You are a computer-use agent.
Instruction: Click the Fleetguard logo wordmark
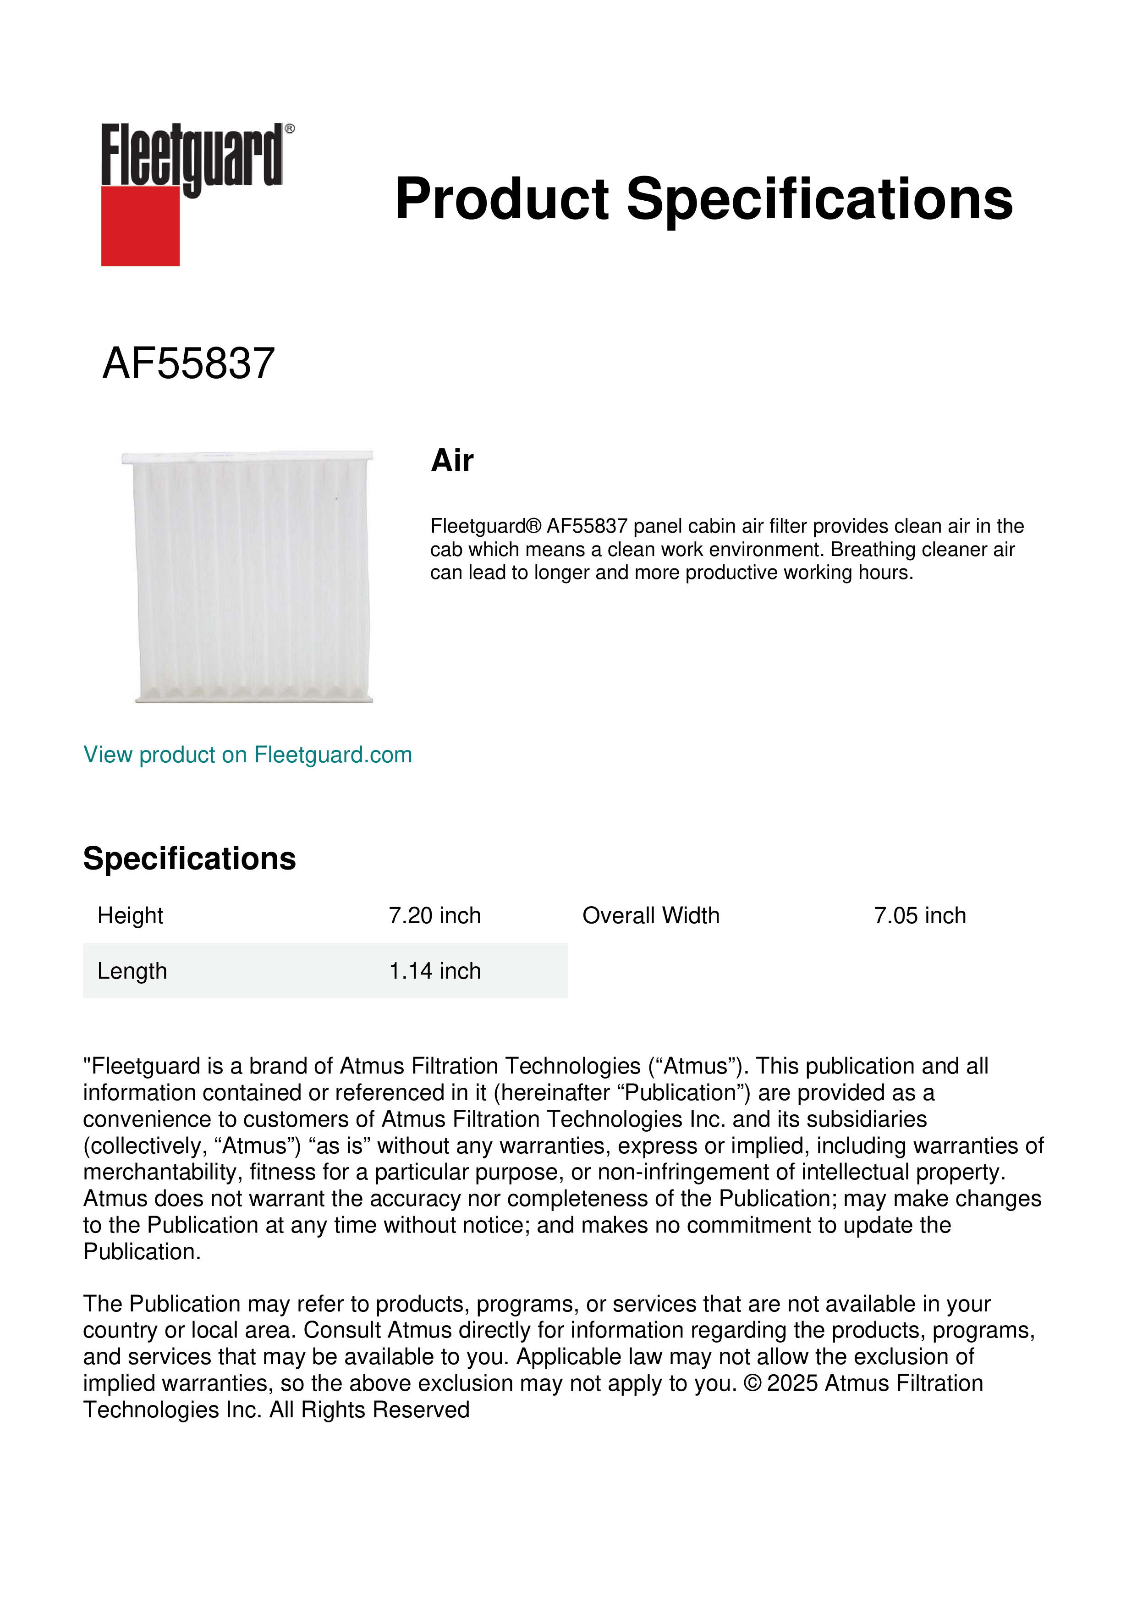click(192, 155)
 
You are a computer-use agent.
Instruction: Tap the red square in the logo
click(140, 226)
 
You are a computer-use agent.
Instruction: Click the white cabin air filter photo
click(248, 576)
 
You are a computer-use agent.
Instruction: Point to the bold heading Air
click(452, 461)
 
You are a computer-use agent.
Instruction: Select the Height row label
click(130, 915)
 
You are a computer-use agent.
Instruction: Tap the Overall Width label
click(650, 915)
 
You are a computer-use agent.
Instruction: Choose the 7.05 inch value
click(919, 915)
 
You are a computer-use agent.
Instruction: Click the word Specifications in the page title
click(819, 199)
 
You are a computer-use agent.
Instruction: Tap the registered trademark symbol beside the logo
click(290, 129)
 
